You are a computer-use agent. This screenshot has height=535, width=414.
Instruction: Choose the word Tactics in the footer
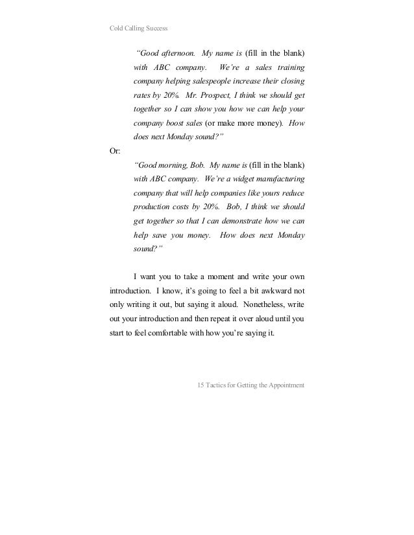coord(217,386)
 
